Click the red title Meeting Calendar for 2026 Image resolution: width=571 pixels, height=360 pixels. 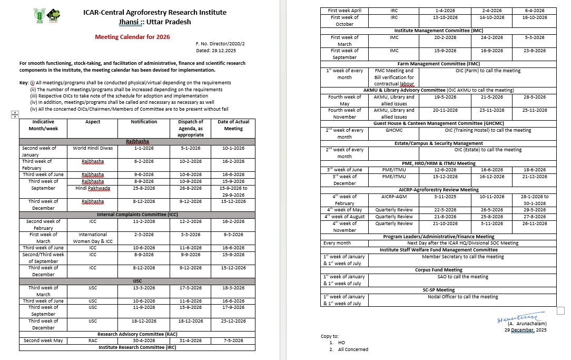coord(132,37)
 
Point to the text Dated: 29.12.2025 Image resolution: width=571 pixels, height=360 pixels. coord(216,51)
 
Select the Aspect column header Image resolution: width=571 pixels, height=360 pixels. coord(93,122)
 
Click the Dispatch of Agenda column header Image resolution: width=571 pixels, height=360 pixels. coord(190,128)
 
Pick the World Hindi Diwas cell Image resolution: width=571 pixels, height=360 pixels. coord(93,148)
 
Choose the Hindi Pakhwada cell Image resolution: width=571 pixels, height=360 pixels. coord(93,188)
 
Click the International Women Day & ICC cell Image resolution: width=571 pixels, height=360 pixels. coord(93,238)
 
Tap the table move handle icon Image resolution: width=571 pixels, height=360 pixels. coord(15,114)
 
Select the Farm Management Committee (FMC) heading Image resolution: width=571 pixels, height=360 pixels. coord(439,64)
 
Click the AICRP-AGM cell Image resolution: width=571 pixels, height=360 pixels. coord(394,197)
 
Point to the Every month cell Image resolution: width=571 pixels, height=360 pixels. coord(337,243)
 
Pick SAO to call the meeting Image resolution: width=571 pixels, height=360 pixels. coord(462,277)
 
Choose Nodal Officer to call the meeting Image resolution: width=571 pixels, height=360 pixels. coord(462,297)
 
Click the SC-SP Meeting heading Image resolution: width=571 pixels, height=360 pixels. coord(439,290)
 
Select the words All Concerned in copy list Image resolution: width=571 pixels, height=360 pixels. coord(353,349)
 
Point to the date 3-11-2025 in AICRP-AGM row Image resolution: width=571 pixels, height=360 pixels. coord(445,197)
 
